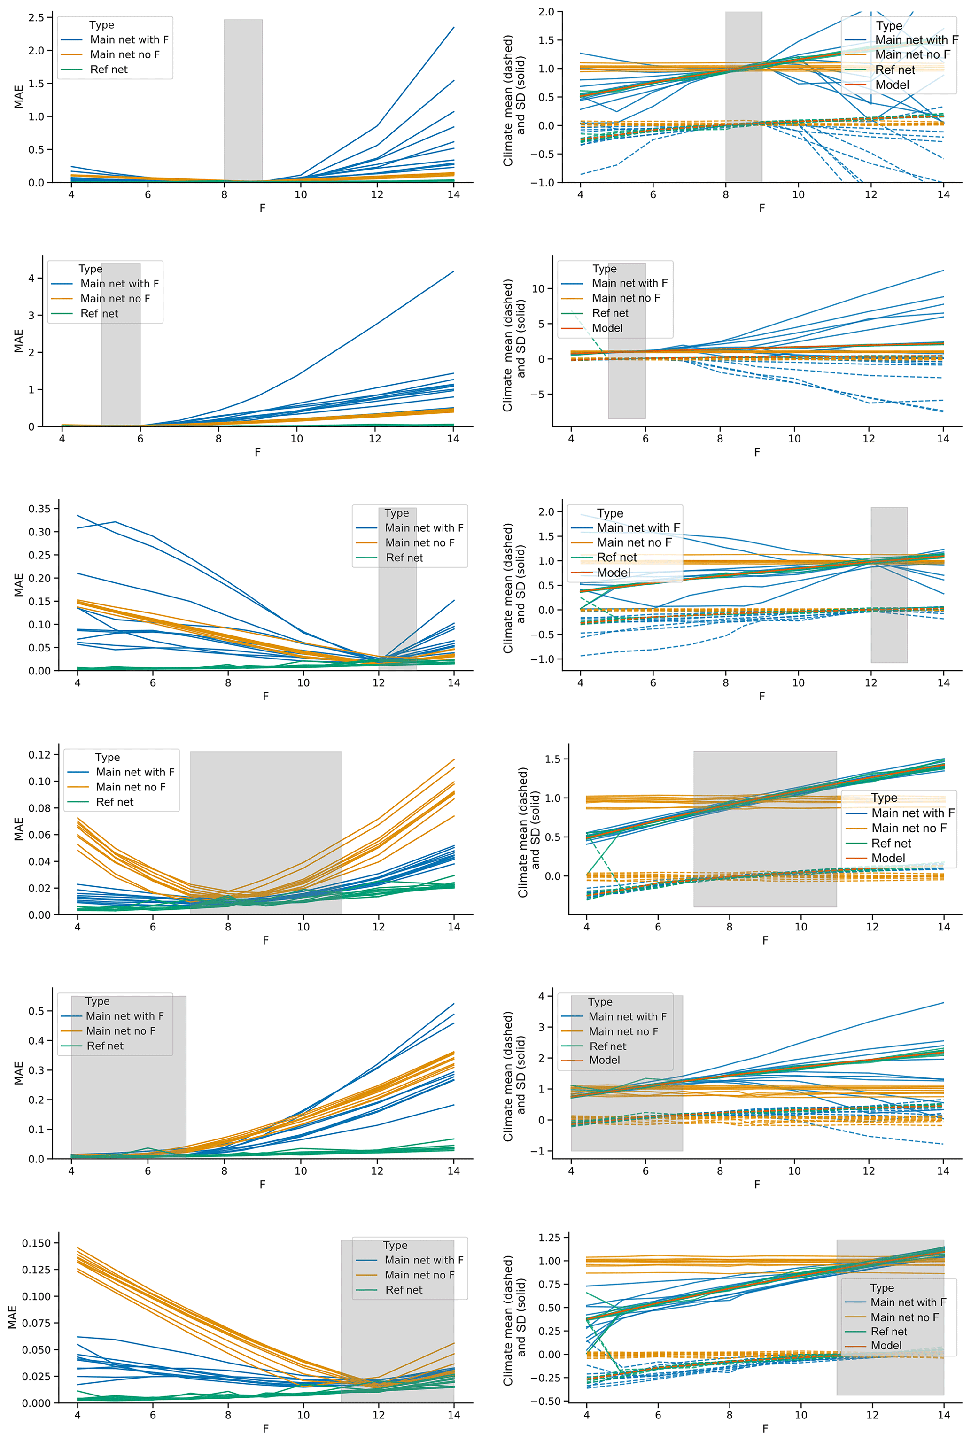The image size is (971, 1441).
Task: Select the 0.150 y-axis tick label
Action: [x=37, y=1243]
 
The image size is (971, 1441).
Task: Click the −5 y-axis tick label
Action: [x=537, y=394]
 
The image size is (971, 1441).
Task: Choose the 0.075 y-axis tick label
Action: [x=37, y=1323]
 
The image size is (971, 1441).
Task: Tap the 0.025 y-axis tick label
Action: [x=37, y=1376]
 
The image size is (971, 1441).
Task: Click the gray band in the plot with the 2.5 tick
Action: [x=243, y=99]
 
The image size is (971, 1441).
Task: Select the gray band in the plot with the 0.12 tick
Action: [x=266, y=867]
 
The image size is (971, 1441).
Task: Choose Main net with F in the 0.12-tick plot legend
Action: [x=135, y=772]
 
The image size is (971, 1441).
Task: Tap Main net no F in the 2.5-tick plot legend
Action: [x=124, y=54]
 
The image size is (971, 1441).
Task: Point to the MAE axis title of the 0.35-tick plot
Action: [x=19, y=585]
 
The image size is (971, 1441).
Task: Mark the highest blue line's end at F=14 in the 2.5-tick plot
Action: [x=454, y=27]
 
